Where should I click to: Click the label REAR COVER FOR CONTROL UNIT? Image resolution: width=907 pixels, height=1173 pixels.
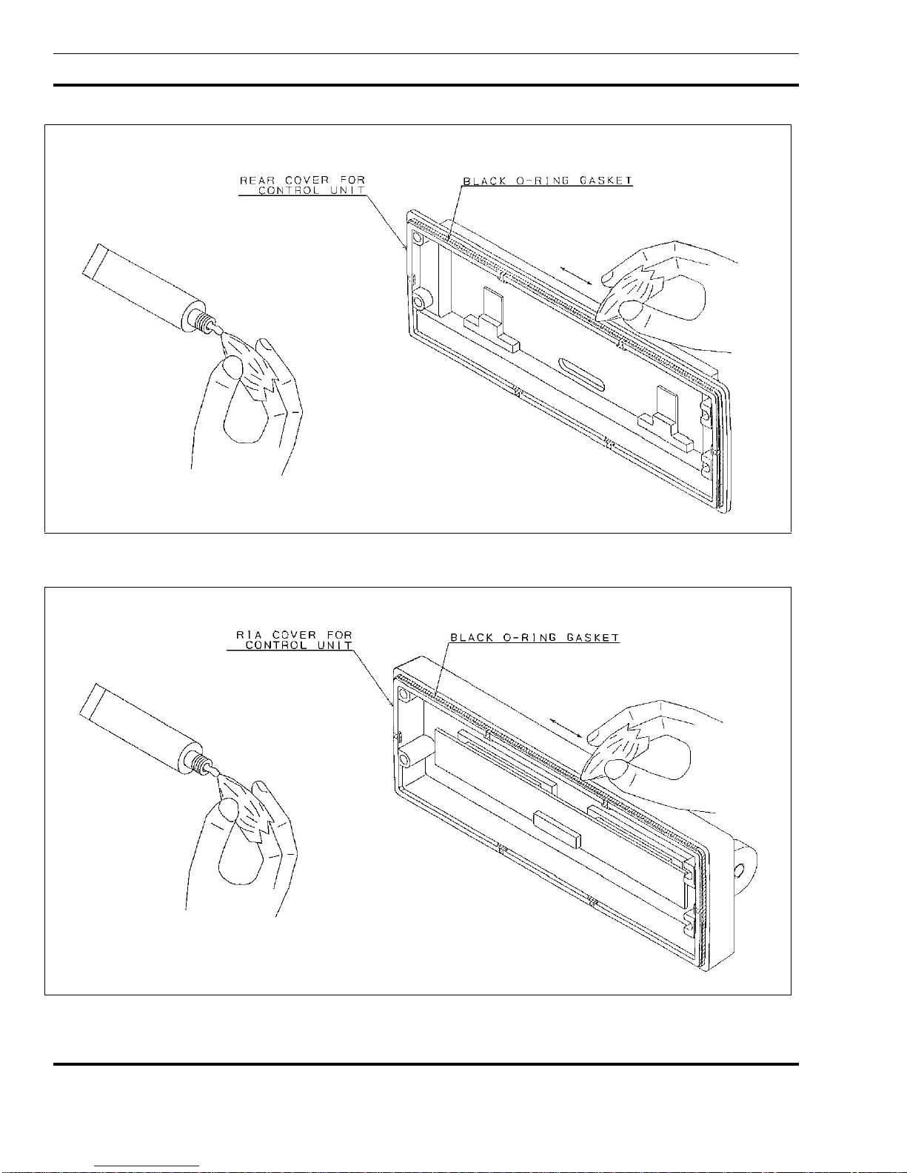click(302, 184)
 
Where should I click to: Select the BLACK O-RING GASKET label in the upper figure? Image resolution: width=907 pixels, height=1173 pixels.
click(547, 181)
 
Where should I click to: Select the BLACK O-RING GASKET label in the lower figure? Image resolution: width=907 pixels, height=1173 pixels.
click(535, 637)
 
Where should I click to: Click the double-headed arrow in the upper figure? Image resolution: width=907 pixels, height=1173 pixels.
click(576, 275)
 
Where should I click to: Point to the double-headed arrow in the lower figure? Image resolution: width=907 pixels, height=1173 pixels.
click(565, 727)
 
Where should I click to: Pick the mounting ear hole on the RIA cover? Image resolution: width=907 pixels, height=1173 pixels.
click(740, 870)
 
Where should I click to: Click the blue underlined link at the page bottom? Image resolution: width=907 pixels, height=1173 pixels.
click(147, 1167)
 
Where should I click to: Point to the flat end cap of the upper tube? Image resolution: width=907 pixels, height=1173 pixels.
click(92, 260)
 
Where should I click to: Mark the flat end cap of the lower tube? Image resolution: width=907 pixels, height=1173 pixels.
click(89, 701)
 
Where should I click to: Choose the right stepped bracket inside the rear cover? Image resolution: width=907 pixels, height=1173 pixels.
click(665, 418)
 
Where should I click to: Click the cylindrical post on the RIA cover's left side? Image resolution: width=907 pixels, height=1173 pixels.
click(408, 756)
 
